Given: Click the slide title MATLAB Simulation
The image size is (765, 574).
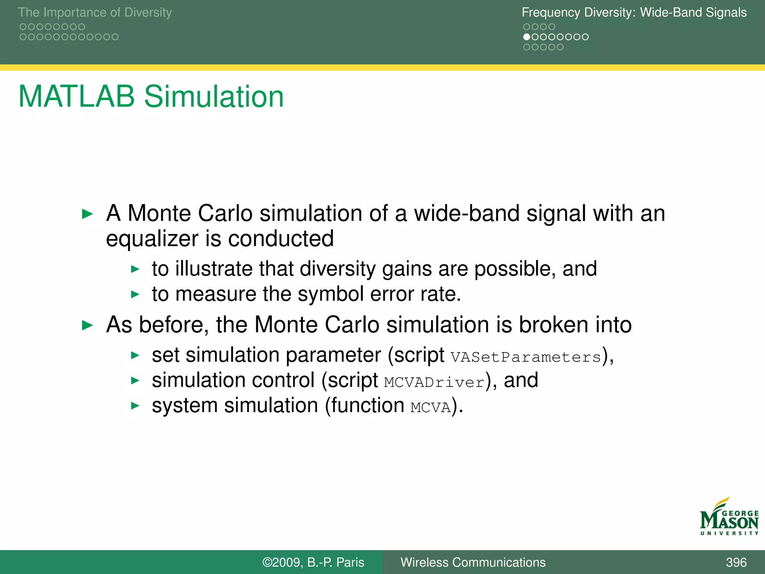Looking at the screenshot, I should [x=151, y=97].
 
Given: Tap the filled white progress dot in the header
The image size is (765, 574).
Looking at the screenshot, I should [x=527, y=37].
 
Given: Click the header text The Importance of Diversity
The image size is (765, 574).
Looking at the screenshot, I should [x=95, y=12].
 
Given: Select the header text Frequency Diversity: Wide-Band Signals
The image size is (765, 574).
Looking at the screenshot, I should [x=634, y=12].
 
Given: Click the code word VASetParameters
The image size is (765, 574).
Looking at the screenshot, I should [x=526, y=357].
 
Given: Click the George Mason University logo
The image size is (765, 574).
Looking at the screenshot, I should [x=729, y=517].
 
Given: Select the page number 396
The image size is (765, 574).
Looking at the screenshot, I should [x=736, y=562].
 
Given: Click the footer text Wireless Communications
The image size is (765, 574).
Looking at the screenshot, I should [x=473, y=562].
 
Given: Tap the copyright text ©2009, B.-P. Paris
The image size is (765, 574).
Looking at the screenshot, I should [x=313, y=562].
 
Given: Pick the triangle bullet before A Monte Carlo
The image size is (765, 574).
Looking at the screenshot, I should [x=87, y=214].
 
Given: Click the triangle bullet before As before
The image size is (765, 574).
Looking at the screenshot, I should [x=87, y=325].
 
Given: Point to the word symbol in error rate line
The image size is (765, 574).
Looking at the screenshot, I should [x=331, y=294].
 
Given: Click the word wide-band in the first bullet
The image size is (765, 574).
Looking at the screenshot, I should [x=467, y=214].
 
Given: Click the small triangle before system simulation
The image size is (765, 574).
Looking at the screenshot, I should [x=135, y=406].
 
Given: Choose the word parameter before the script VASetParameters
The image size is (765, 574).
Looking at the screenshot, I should [x=333, y=355].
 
